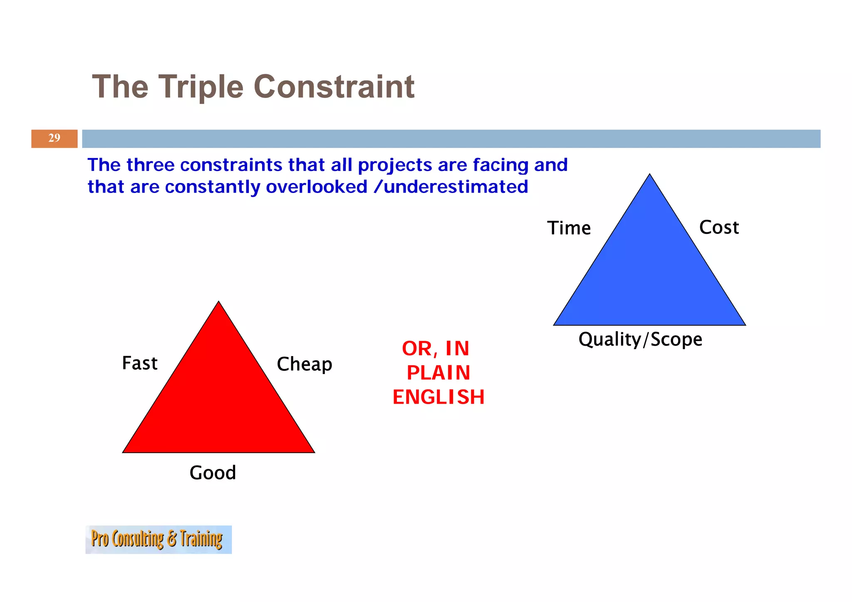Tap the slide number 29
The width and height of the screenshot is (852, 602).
tap(54, 138)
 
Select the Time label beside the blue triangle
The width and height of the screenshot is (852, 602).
tap(569, 228)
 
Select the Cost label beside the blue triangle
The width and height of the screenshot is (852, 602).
tap(719, 228)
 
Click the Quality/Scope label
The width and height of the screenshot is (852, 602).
tap(640, 339)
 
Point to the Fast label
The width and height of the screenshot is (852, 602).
tap(140, 363)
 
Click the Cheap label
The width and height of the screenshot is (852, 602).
tap(305, 364)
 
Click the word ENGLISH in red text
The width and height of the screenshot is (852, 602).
tap(438, 397)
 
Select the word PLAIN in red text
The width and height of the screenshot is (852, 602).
tap(438, 373)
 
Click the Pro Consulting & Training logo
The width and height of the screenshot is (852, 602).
tap(158, 540)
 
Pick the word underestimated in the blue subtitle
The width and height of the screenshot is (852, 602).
tap(456, 187)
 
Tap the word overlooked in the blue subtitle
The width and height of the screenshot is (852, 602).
tap(317, 187)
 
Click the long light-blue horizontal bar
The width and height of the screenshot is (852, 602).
tap(451, 139)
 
